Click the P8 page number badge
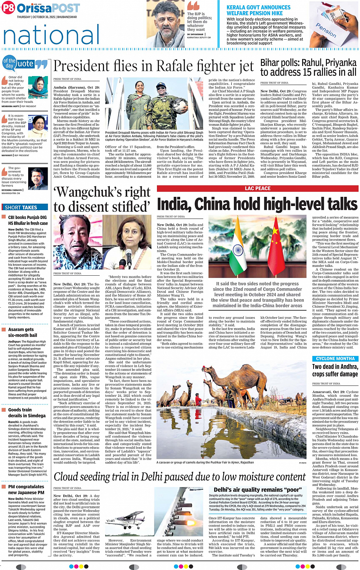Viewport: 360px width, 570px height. [x=8, y=8]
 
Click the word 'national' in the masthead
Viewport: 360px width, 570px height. [x=51, y=35]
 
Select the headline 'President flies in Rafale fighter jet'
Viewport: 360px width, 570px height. [x=154, y=67]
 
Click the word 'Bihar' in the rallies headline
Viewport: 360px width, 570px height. [x=271, y=63]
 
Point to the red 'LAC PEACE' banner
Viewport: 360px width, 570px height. [x=258, y=188]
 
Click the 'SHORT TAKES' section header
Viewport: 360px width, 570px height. [x=21, y=208]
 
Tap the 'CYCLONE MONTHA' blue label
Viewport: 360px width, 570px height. [x=335, y=359]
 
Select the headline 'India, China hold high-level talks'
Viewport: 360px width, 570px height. [x=257, y=204]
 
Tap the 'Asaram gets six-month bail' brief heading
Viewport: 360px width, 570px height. [x=22, y=332]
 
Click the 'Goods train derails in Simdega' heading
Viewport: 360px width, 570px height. [x=27, y=413]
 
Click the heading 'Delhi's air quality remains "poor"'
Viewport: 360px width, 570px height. [x=258, y=490]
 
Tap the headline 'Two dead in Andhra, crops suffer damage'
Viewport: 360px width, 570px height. [x=335, y=370]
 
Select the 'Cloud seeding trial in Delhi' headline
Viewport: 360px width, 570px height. [x=180, y=476]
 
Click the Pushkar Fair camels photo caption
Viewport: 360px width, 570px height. [x=205, y=462]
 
